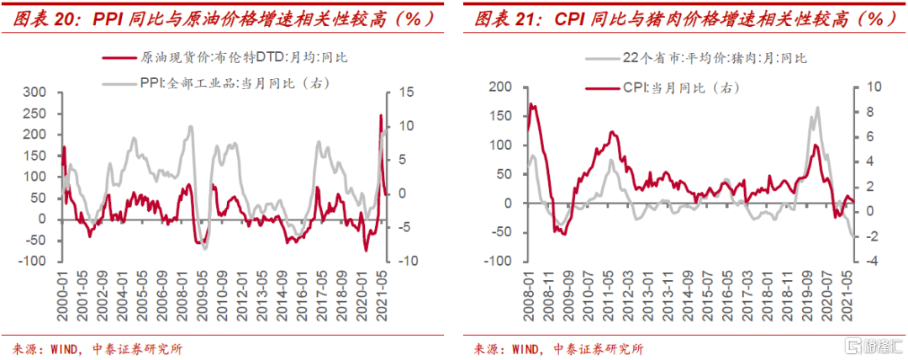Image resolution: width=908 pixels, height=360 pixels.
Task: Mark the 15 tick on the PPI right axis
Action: [x=404, y=92]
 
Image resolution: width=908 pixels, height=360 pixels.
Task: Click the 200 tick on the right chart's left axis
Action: [x=499, y=87]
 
